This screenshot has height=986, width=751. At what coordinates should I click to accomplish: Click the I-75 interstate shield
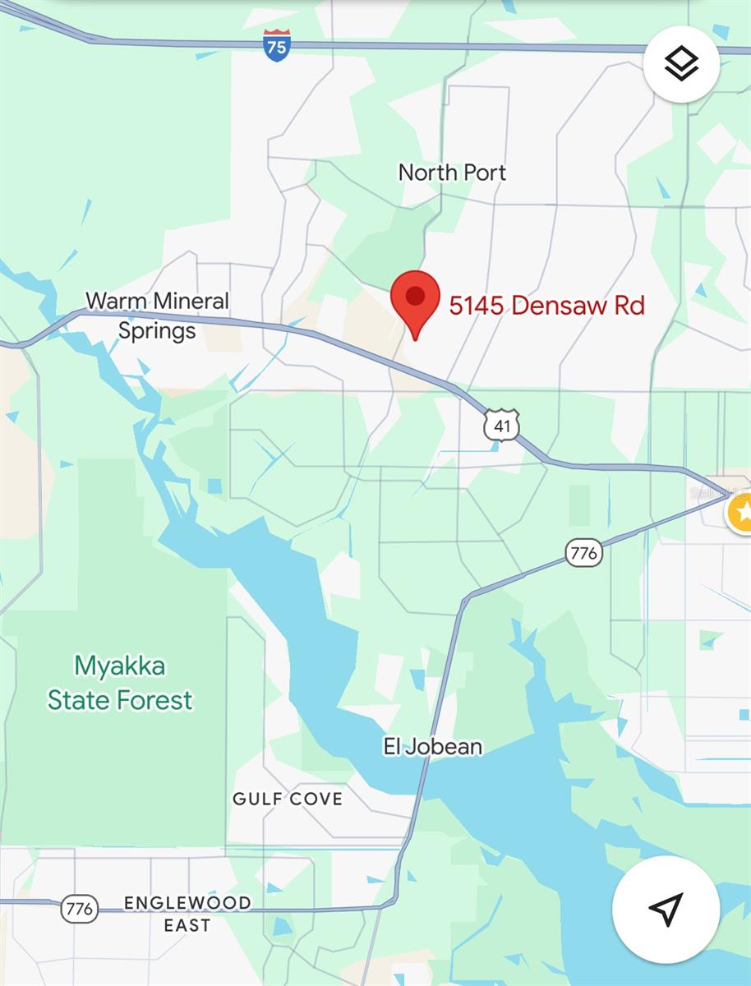277,45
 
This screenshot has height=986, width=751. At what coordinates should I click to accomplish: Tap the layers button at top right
681,63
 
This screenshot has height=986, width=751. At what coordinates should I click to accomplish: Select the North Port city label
452,173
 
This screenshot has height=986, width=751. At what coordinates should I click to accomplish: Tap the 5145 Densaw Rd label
546,306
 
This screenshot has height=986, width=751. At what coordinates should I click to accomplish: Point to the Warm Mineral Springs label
157,316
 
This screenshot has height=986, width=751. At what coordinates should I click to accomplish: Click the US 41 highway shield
501,425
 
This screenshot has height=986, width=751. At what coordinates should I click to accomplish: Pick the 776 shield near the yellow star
583,553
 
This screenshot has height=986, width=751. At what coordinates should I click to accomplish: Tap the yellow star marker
743,514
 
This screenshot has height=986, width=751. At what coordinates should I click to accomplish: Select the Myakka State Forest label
120,683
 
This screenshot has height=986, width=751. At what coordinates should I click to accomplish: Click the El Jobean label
433,747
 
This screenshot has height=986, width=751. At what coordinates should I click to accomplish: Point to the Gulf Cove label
288,799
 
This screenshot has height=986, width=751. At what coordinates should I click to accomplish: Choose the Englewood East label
187,914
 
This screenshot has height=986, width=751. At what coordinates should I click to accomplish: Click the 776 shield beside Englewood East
80,909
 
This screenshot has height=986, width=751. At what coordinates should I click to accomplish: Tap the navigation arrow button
666,910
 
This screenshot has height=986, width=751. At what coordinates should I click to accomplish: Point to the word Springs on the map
157,331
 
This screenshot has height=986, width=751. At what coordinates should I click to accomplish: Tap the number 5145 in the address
476,306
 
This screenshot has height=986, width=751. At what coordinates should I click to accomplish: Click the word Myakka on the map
120,666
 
